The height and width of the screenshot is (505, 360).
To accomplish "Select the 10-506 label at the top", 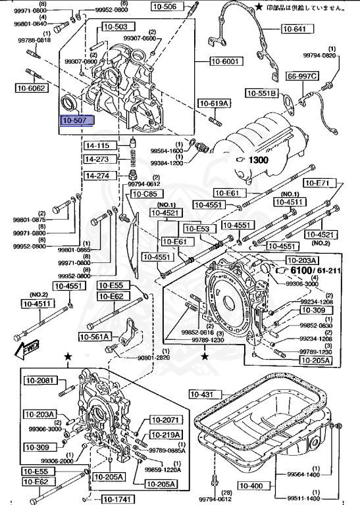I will pos(165,7).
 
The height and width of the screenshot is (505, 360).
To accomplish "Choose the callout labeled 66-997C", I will pos(321,76).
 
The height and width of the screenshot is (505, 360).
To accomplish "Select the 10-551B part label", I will pos(263,93).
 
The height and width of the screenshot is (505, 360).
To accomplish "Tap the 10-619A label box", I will pos(215,103).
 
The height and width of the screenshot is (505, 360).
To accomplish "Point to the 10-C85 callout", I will pos(144,195).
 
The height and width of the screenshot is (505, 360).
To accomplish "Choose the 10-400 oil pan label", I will pos(251,486).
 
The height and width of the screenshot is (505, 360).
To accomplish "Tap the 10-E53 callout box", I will pos(197,229).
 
